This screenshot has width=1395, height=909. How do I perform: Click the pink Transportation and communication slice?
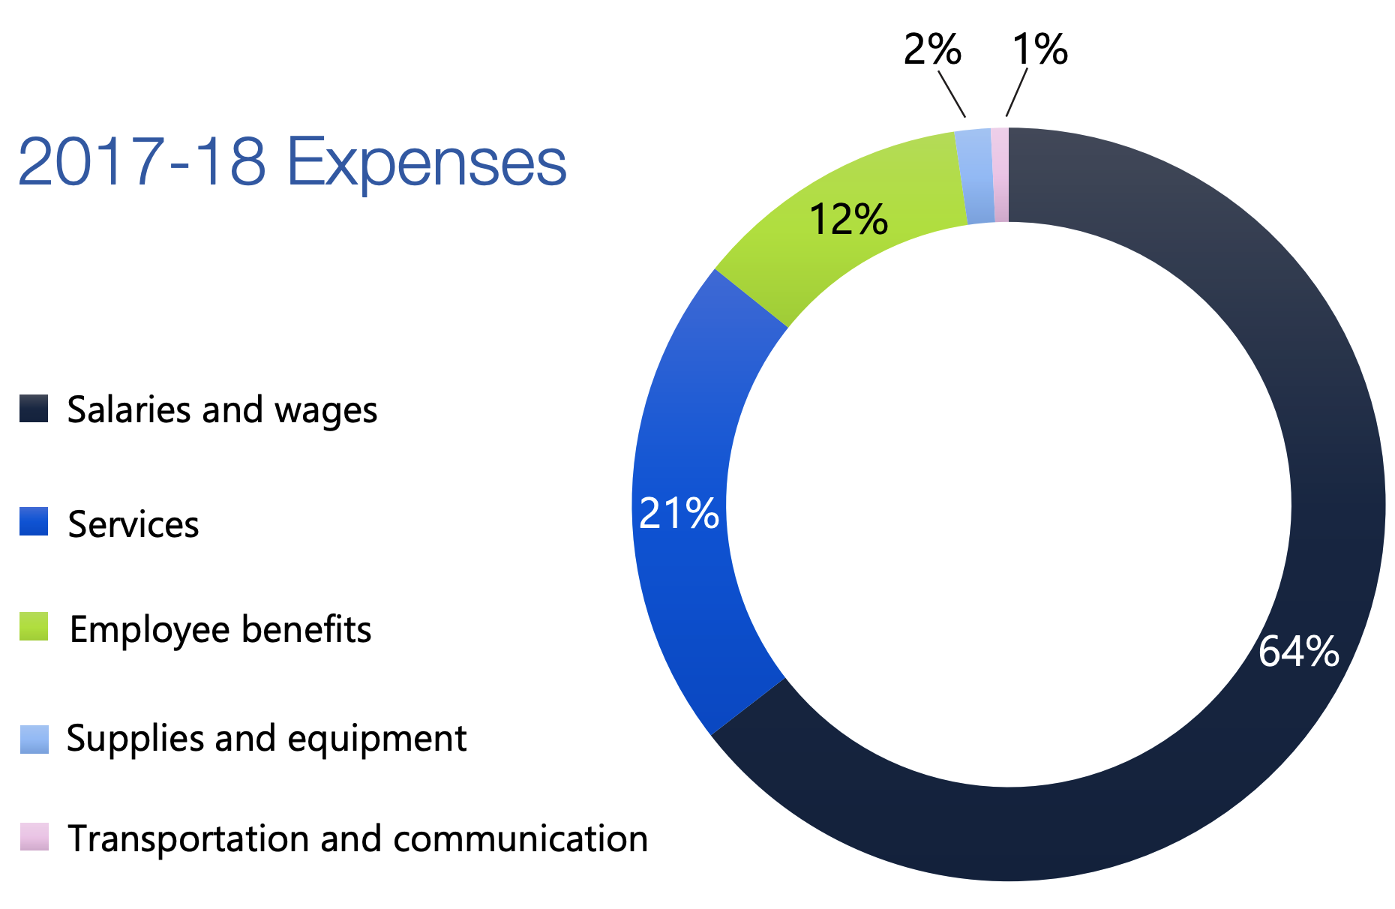point(1000,175)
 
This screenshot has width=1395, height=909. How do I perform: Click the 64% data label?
point(1298,651)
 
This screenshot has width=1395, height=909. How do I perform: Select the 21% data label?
point(679,514)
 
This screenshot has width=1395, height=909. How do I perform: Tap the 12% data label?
point(848,220)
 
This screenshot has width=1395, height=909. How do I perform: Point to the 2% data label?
point(931,49)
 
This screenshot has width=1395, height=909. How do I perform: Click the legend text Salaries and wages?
point(222,409)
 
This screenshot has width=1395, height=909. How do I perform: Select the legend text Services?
point(133,523)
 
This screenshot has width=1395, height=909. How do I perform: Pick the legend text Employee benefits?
point(220,629)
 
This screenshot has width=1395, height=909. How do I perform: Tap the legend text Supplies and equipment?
point(266,738)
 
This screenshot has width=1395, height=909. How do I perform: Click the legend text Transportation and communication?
point(358,838)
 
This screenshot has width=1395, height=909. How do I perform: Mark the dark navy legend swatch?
point(34,409)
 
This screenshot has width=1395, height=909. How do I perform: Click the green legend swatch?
point(34,627)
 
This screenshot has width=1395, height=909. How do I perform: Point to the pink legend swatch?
point(34,837)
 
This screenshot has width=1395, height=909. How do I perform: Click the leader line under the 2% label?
point(952,93)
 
